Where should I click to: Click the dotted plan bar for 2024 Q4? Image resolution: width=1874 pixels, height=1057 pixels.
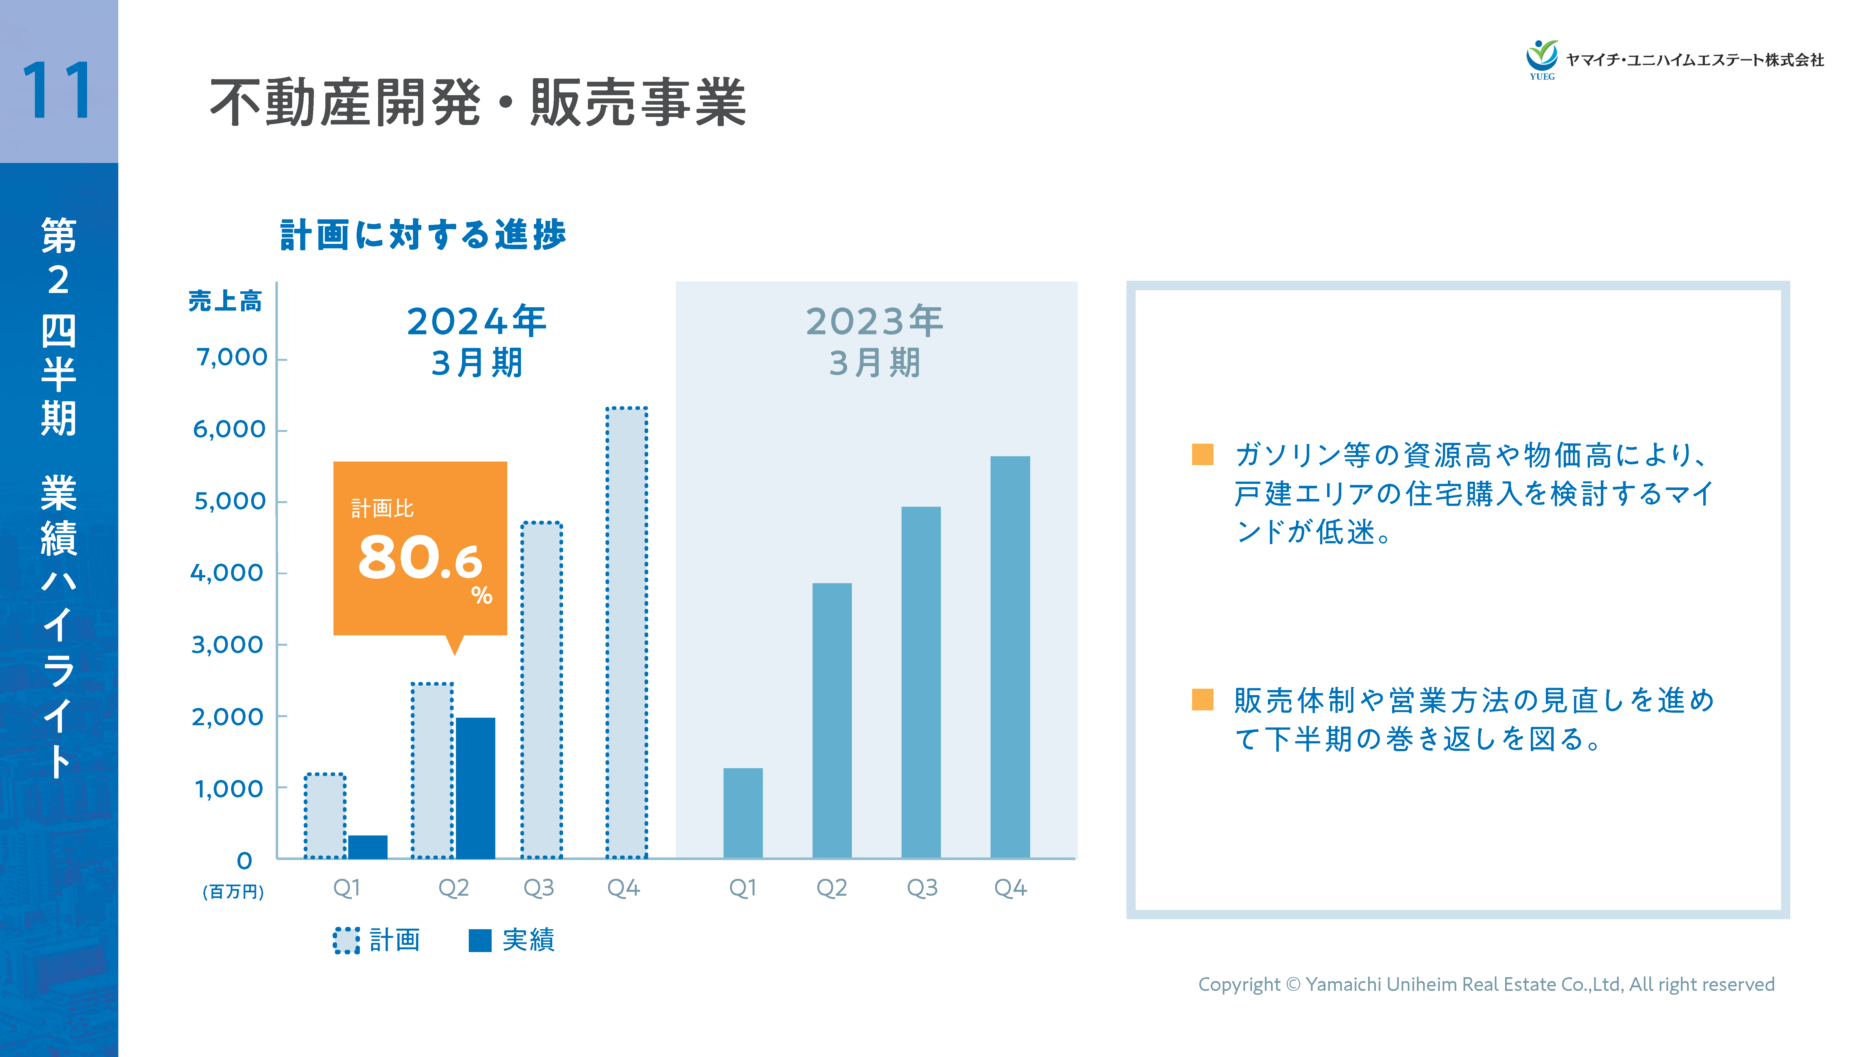tap(626, 633)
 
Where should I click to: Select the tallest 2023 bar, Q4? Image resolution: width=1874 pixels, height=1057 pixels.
tap(1010, 657)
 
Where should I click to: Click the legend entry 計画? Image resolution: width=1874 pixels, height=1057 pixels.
tap(377, 940)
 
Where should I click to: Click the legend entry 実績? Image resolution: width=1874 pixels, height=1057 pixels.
tap(511, 940)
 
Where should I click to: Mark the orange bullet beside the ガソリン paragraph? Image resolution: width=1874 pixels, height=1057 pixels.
tap(1202, 455)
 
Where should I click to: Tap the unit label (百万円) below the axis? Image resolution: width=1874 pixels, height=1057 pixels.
tap(233, 892)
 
